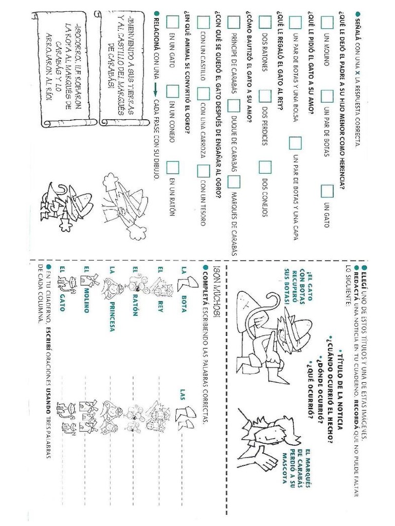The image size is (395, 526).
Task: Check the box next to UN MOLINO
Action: (327, 22)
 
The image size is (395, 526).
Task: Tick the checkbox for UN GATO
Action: (327, 191)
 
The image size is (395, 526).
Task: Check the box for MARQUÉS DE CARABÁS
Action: (234, 181)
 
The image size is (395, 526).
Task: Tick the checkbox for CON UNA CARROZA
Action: (204, 94)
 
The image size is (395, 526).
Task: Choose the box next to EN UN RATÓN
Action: (173, 167)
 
